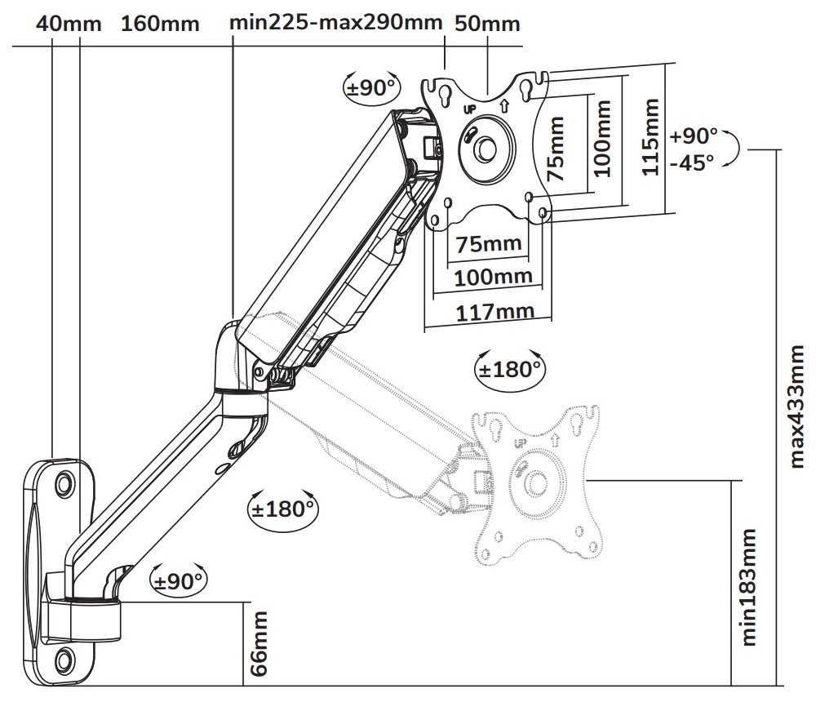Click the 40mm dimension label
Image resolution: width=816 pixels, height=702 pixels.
click(69, 23)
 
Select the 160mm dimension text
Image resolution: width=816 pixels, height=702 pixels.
click(160, 23)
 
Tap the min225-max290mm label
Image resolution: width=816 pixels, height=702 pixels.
click(335, 22)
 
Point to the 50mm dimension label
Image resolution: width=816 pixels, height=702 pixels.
click(487, 23)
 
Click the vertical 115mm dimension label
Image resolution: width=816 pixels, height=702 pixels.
click(650, 137)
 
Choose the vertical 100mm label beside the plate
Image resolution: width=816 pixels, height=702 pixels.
click(602, 139)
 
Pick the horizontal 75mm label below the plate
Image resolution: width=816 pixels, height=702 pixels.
click(489, 244)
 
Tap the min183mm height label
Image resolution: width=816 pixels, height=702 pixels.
click(748, 587)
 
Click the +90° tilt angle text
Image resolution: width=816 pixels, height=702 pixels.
click(693, 134)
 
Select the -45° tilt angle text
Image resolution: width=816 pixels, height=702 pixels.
click(691, 161)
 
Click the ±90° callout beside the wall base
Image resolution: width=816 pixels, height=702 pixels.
click(180, 581)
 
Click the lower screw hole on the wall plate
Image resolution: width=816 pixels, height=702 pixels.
click(64, 656)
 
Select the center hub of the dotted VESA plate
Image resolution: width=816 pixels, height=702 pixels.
click(535, 482)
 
